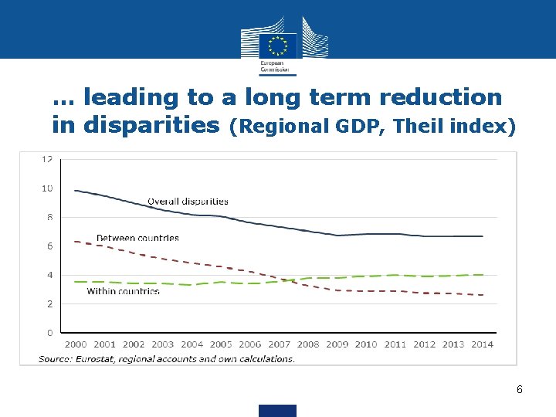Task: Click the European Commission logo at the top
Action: pos(277,46)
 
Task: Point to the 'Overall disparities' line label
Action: pos(188,202)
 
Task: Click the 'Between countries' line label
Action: pos(137,239)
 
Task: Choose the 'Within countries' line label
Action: pos(124,291)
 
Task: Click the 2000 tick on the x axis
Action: pos(75,344)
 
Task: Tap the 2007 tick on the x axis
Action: pos(279,344)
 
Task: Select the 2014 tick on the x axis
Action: pos(482,344)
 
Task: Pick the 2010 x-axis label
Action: pos(366,344)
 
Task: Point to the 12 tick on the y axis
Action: pos(47,159)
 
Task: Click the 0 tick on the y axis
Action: pos(49,333)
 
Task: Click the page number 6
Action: pos(520,390)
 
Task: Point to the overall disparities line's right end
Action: pos(483,236)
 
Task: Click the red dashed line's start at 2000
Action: pos(75,242)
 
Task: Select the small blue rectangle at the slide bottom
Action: pos(277,410)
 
